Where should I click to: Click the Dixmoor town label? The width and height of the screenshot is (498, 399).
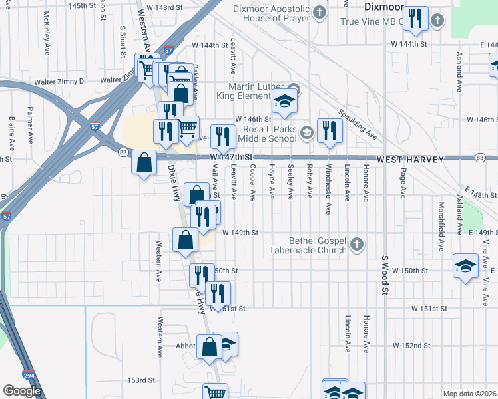[384, 7]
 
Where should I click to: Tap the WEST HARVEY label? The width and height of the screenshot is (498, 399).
[407, 160]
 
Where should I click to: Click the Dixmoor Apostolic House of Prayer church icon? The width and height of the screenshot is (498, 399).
[320, 13]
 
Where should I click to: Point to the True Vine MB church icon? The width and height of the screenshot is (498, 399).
[437, 21]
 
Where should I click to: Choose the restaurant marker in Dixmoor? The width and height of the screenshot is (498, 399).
[416, 19]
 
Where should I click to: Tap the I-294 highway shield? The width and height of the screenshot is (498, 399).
[28, 376]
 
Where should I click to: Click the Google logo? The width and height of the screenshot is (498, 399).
[22, 391]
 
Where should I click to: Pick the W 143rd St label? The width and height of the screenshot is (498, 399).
[164, 7]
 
